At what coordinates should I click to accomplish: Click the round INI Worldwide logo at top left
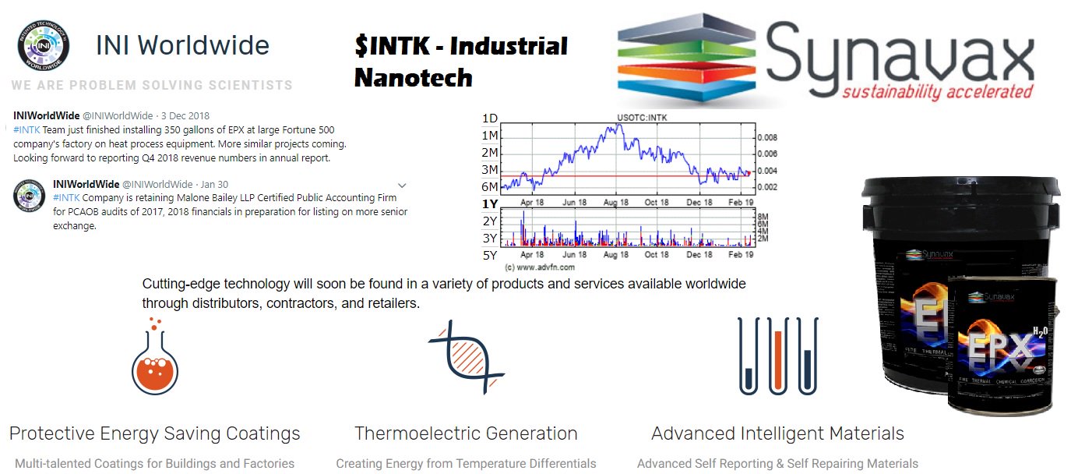coord(44,46)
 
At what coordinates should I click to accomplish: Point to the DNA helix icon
coord(466,356)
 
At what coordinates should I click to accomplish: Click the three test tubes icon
coord(778,356)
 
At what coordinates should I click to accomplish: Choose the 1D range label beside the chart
coord(490,118)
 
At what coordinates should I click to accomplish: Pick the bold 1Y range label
coord(490,203)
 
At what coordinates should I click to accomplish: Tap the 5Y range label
coord(490,255)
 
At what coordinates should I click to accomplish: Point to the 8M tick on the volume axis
coord(763,216)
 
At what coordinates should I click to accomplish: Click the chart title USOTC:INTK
coord(642,118)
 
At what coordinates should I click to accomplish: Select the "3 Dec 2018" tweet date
coord(191,116)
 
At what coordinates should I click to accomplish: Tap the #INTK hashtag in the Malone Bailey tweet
coord(67,198)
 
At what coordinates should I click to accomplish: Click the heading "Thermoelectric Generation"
coord(466,433)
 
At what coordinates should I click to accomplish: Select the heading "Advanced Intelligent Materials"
coord(777,433)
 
